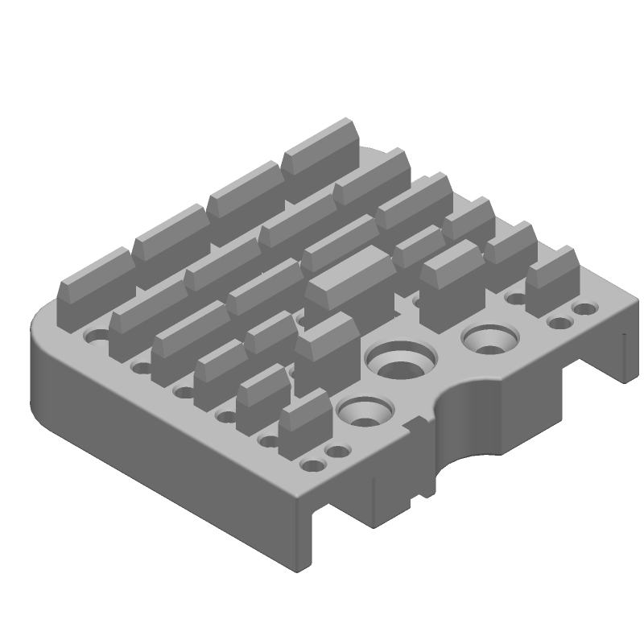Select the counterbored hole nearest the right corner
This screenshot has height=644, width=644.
pos(488,340)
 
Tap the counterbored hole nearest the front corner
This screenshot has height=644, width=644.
pos(361,411)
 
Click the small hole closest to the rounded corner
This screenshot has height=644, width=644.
pos(97,335)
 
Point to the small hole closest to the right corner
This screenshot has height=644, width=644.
pos(586,308)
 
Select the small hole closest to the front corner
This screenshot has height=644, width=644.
pos(309,466)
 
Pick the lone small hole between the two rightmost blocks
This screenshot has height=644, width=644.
pos(515,299)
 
